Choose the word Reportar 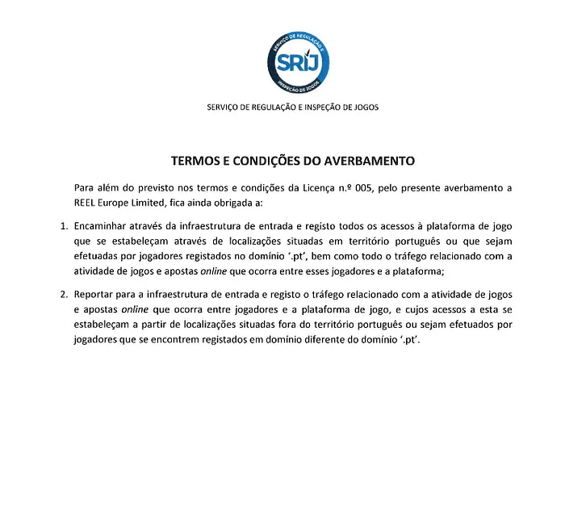click(x=94, y=295)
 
